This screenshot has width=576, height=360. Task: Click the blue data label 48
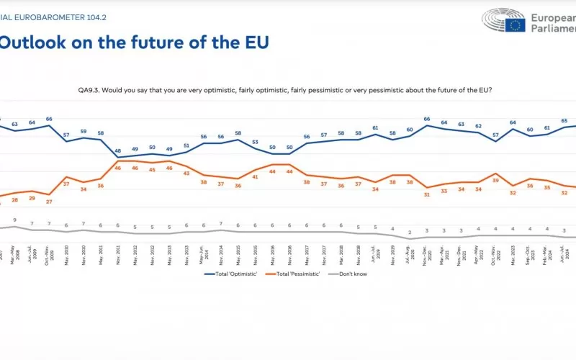[x=118, y=150]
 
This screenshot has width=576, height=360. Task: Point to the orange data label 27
[x=49, y=202]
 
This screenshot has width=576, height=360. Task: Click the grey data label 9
[x=14, y=220]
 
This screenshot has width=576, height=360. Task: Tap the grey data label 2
[x=410, y=233]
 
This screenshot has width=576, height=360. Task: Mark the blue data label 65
[x=564, y=121]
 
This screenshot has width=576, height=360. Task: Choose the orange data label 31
[x=427, y=195]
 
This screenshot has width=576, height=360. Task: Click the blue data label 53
[x=255, y=143]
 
